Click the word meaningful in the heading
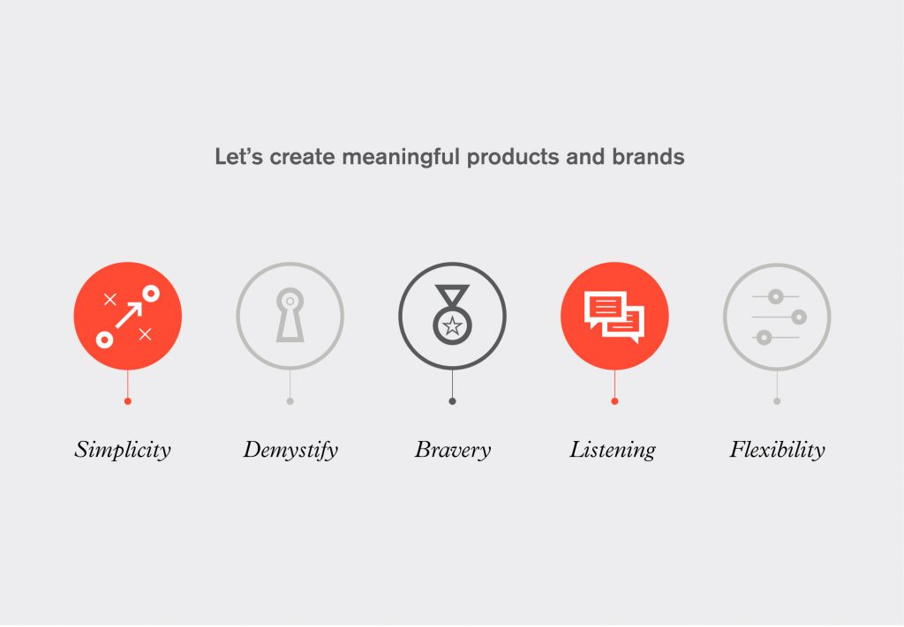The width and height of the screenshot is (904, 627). coord(401,157)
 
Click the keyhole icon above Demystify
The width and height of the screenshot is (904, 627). coord(290,315)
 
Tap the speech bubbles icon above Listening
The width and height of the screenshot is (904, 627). coord(614,316)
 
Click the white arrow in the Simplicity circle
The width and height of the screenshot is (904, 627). coord(129,315)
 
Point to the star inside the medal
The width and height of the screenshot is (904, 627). coord(453,326)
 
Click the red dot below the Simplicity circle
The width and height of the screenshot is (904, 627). coord(127,401)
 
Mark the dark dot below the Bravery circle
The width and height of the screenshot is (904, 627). coord(453,401)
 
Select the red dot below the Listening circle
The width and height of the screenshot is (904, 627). coord(614,401)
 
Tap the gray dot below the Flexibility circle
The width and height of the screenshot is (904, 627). coord(777,401)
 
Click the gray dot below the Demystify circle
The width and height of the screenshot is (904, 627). coord(290,401)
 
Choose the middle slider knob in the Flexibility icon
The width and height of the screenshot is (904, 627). coord(799,317)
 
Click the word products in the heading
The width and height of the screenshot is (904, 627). coord(513,157)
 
